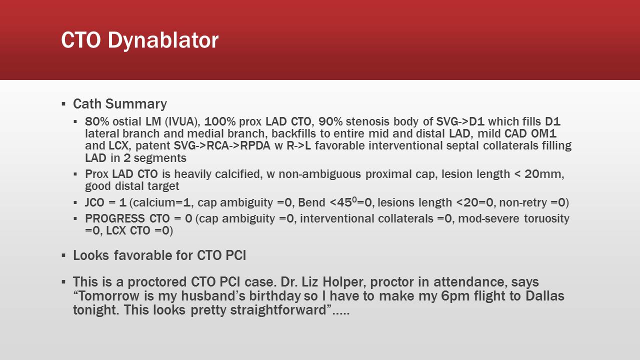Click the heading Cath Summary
(120, 104)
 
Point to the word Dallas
(544, 296)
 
